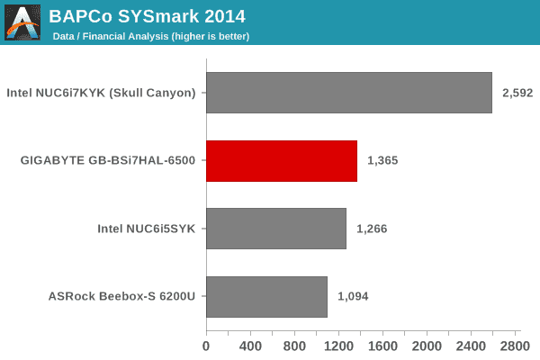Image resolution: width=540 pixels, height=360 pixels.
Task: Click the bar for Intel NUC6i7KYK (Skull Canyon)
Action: (x=349, y=93)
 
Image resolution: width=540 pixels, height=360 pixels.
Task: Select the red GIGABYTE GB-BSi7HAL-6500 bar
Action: (x=282, y=161)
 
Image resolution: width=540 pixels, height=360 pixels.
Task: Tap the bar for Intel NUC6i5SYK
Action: (x=276, y=229)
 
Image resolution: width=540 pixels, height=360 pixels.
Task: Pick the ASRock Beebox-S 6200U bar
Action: (x=266, y=296)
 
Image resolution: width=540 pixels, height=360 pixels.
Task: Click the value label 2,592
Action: (x=517, y=93)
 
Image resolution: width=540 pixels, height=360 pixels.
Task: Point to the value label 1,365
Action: (x=382, y=161)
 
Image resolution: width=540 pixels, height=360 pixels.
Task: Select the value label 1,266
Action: (x=372, y=229)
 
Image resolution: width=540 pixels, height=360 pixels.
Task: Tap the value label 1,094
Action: (x=353, y=296)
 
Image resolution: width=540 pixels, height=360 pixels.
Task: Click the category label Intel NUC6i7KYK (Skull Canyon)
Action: (x=101, y=93)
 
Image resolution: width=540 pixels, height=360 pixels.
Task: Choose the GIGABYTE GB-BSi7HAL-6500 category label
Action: (x=108, y=161)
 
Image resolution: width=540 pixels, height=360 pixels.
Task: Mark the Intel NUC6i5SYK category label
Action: (x=147, y=229)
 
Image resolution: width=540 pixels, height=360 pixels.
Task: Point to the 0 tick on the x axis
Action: (x=206, y=346)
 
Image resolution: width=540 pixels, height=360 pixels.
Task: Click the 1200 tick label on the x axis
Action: (x=338, y=346)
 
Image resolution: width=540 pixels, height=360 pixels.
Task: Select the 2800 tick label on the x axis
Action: (x=516, y=346)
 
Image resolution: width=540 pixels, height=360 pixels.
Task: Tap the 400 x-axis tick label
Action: (x=250, y=346)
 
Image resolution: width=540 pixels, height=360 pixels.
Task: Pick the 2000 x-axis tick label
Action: (x=427, y=346)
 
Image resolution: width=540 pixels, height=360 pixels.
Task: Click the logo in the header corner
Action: (x=22, y=22)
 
